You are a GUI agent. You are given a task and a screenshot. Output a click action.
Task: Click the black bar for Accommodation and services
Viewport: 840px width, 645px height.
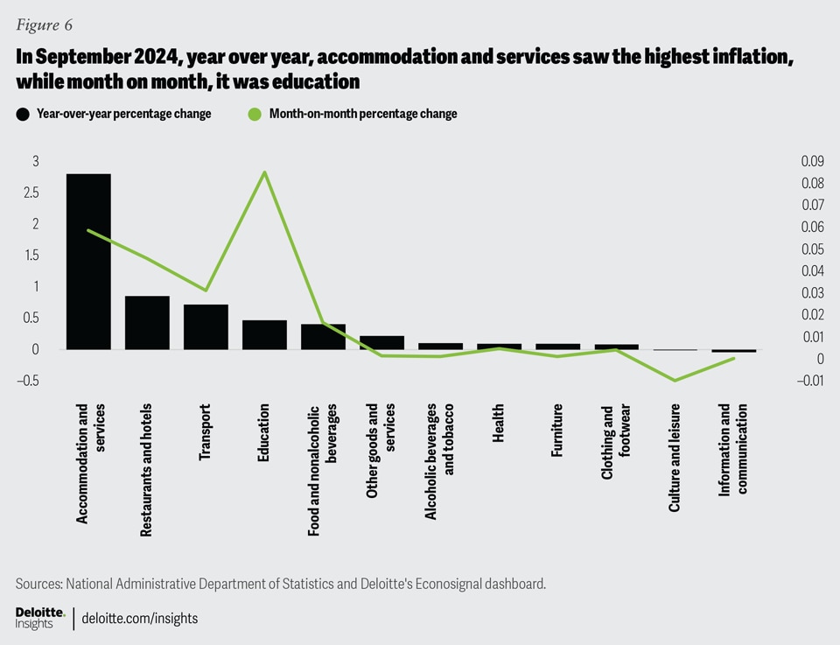(x=88, y=262)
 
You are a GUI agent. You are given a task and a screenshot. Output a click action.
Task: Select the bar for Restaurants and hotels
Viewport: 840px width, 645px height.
(x=147, y=323)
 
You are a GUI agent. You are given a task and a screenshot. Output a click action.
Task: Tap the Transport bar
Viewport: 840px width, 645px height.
(x=206, y=327)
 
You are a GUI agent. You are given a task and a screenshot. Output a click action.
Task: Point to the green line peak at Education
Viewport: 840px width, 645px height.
(x=264, y=172)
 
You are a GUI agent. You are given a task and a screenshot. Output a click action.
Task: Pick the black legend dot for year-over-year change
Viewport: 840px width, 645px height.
(x=21, y=114)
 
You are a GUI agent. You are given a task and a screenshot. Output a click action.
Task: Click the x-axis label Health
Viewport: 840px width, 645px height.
(x=499, y=423)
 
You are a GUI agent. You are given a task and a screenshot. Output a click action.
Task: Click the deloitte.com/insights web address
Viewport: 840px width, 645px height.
(x=140, y=618)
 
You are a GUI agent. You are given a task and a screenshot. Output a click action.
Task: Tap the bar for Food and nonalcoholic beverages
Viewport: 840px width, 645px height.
(x=323, y=337)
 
